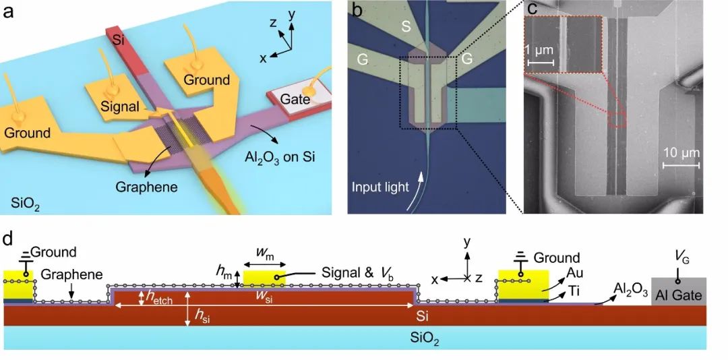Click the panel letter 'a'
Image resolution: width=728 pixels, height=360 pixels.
point(10,11)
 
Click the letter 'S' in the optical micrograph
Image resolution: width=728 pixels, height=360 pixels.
point(406,26)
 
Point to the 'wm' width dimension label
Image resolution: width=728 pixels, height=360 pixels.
point(264,252)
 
